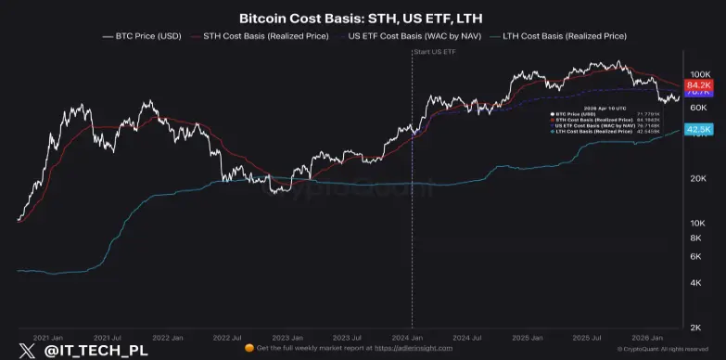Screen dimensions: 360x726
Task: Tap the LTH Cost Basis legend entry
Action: click(565, 36)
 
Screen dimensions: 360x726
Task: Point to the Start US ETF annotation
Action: click(435, 52)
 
